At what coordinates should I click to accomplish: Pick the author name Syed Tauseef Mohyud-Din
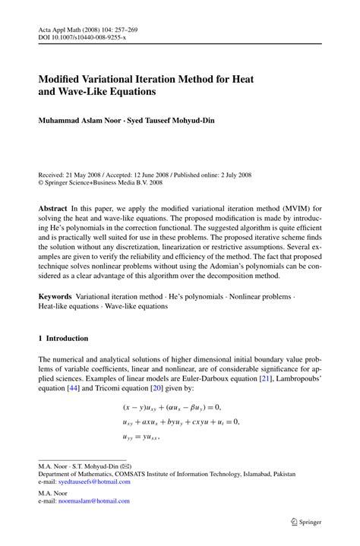coord(172,121)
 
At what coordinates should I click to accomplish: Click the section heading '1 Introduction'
coord(63,339)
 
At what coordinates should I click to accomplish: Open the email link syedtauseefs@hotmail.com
coord(94,481)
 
